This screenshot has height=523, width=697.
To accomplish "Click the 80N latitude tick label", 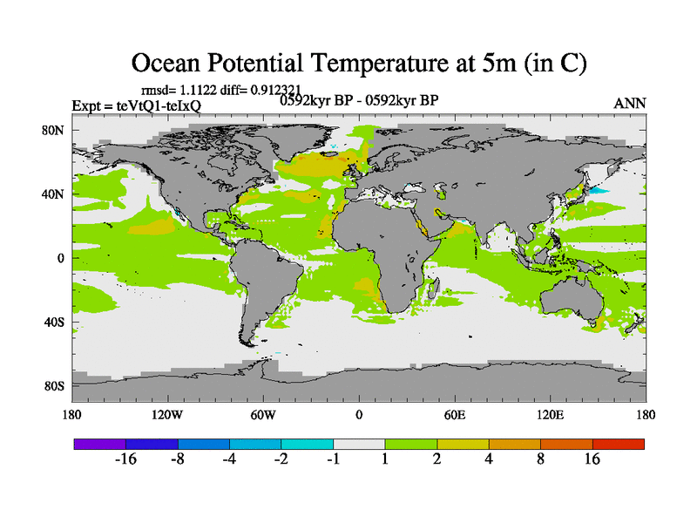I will click(56, 130).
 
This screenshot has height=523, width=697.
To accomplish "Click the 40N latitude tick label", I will click(56, 194).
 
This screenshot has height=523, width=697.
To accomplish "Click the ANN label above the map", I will click(630, 103).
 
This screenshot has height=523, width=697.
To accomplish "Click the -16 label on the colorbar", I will click(126, 460).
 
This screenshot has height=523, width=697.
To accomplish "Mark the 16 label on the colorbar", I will click(592, 460).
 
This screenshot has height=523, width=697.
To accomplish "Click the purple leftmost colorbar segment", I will click(99, 444).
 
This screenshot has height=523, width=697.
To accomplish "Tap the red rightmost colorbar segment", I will click(619, 444).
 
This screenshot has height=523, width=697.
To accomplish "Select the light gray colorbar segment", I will click(359, 444).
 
